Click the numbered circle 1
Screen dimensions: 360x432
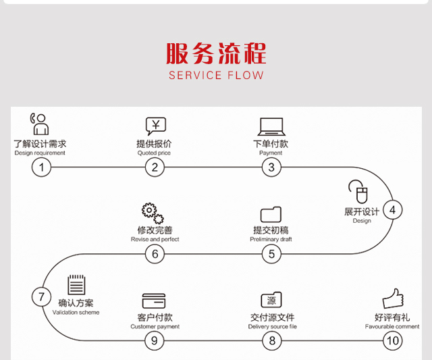point(41,168)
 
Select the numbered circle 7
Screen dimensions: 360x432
point(41,297)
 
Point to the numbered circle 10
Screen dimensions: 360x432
point(392,340)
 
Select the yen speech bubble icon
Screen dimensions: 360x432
point(155,126)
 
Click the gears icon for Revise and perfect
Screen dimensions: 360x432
point(153,213)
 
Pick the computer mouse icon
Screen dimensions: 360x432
point(357,192)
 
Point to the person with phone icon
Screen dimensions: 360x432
point(39,124)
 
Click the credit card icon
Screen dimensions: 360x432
point(154,301)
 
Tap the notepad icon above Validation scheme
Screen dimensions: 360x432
point(76,284)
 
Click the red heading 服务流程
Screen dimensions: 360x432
point(216,52)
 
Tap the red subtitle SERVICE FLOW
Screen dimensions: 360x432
point(216,75)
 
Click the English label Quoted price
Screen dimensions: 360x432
point(154,153)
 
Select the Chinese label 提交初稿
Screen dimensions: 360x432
point(271,230)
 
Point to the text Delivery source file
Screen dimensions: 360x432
point(272,327)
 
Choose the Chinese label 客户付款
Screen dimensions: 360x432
point(155,317)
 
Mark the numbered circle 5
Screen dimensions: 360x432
point(271,254)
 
